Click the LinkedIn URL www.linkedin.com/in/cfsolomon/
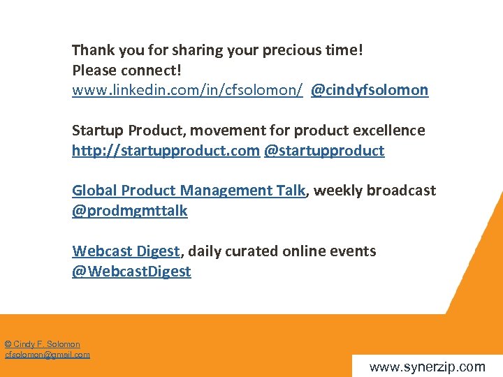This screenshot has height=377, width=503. tap(187, 91)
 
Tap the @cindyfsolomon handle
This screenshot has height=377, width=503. tap(370, 91)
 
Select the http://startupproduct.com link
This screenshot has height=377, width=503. tap(166, 151)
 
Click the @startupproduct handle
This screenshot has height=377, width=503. tap(324, 151)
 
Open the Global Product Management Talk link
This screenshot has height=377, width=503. tap(189, 191)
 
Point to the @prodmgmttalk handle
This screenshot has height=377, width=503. tap(130, 211)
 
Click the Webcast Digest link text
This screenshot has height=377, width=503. tap(126, 251)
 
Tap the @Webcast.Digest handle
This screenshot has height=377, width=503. tap(131, 272)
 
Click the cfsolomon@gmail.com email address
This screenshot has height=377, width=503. tap(48, 355)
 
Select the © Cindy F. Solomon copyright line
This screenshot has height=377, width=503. tap(43, 344)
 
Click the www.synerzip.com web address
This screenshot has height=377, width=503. tap(426, 367)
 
